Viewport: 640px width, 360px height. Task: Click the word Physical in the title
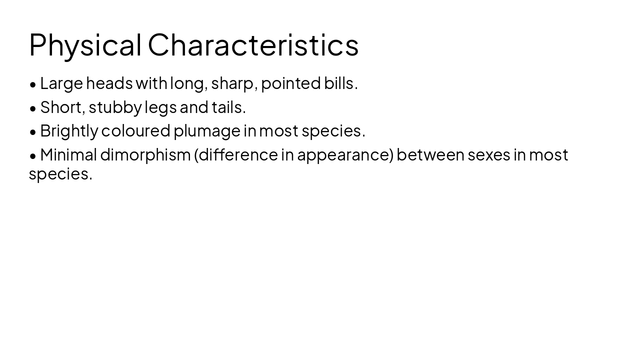pyautogui.click(x=85, y=45)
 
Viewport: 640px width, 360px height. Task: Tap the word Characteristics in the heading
pyautogui.click(x=253, y=45)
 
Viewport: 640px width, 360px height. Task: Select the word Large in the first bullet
pyautogui.click(x=61, y=83)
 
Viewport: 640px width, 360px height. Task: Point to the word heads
pyautogui.click(x=109, y=83)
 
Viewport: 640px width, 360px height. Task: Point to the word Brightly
pyautogui.click(x=69, y=131)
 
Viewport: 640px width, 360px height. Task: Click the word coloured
pyautogui.click(x=135, y=131)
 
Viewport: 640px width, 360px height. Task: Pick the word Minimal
pyautogui.click(x=68, y=155)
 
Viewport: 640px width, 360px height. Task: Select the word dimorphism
pyautogui.click(x=145, y=155)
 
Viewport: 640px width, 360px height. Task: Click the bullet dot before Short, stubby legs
pyautogui.click(x=33, y=108)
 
